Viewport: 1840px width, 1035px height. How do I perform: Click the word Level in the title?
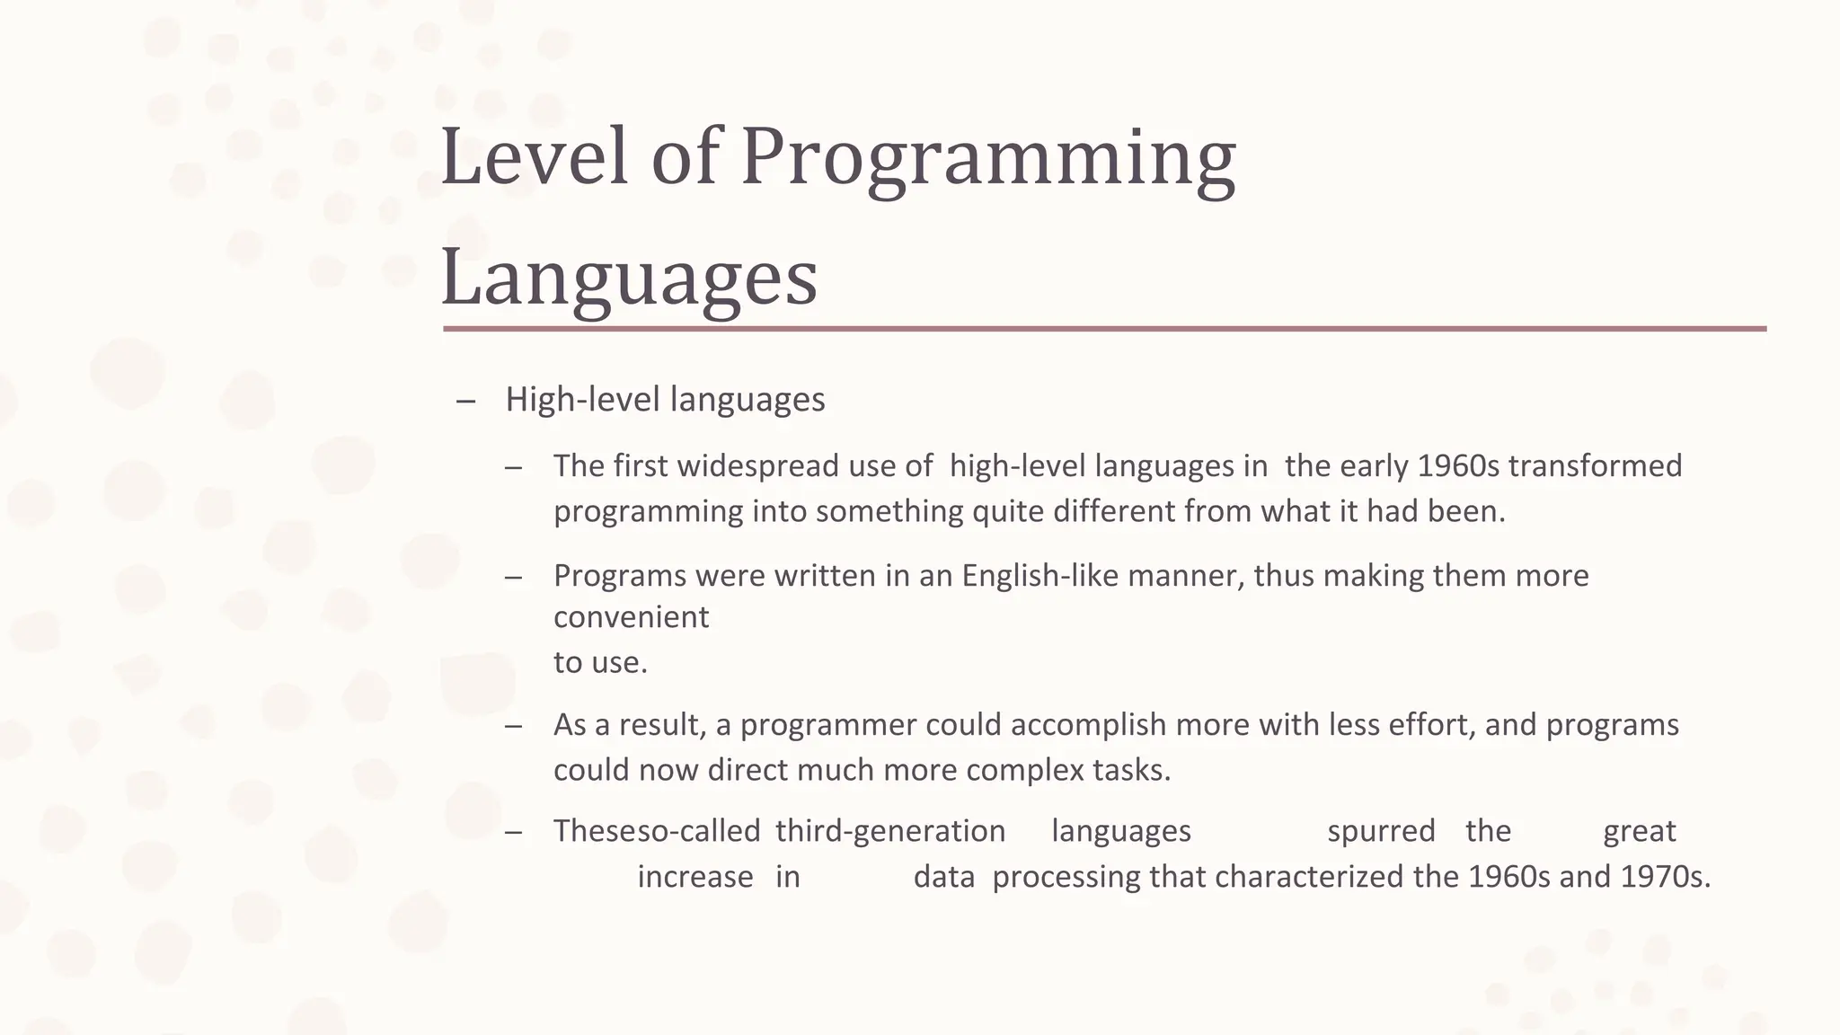(534, 158)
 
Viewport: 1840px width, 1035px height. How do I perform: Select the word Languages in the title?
(629, 277)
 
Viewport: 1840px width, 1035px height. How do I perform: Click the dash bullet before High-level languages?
(465, 402)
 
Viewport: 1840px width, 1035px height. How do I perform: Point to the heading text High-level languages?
(665, 400)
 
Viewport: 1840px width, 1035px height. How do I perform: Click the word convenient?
(631, 618)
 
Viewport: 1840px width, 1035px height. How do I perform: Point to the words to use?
(600, 663)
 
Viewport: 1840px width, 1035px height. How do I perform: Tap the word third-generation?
(889, 832)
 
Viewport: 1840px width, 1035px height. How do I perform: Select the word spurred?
(1381, 832)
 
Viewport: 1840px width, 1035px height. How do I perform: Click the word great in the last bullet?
(1640, 832)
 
